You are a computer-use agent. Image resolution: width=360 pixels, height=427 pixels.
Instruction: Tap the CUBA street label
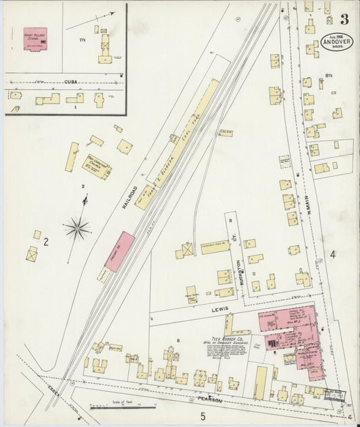(x=71, y=82)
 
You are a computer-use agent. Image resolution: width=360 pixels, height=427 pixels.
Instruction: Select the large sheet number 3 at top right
(x=344, y=19)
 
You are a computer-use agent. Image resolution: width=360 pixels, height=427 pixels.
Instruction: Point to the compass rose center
(x=78, y=228)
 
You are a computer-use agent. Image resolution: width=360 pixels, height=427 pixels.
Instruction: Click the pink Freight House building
(x=120, y=251)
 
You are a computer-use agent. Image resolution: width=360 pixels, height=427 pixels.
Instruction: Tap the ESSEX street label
(x=55, y=390)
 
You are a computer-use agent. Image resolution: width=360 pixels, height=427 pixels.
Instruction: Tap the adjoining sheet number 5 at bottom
(x=202, y=416)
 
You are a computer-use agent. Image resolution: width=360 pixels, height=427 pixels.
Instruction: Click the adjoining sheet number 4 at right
(x=332, y=254)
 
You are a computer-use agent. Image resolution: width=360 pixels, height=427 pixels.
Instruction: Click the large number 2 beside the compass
(x=46, y=241)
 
